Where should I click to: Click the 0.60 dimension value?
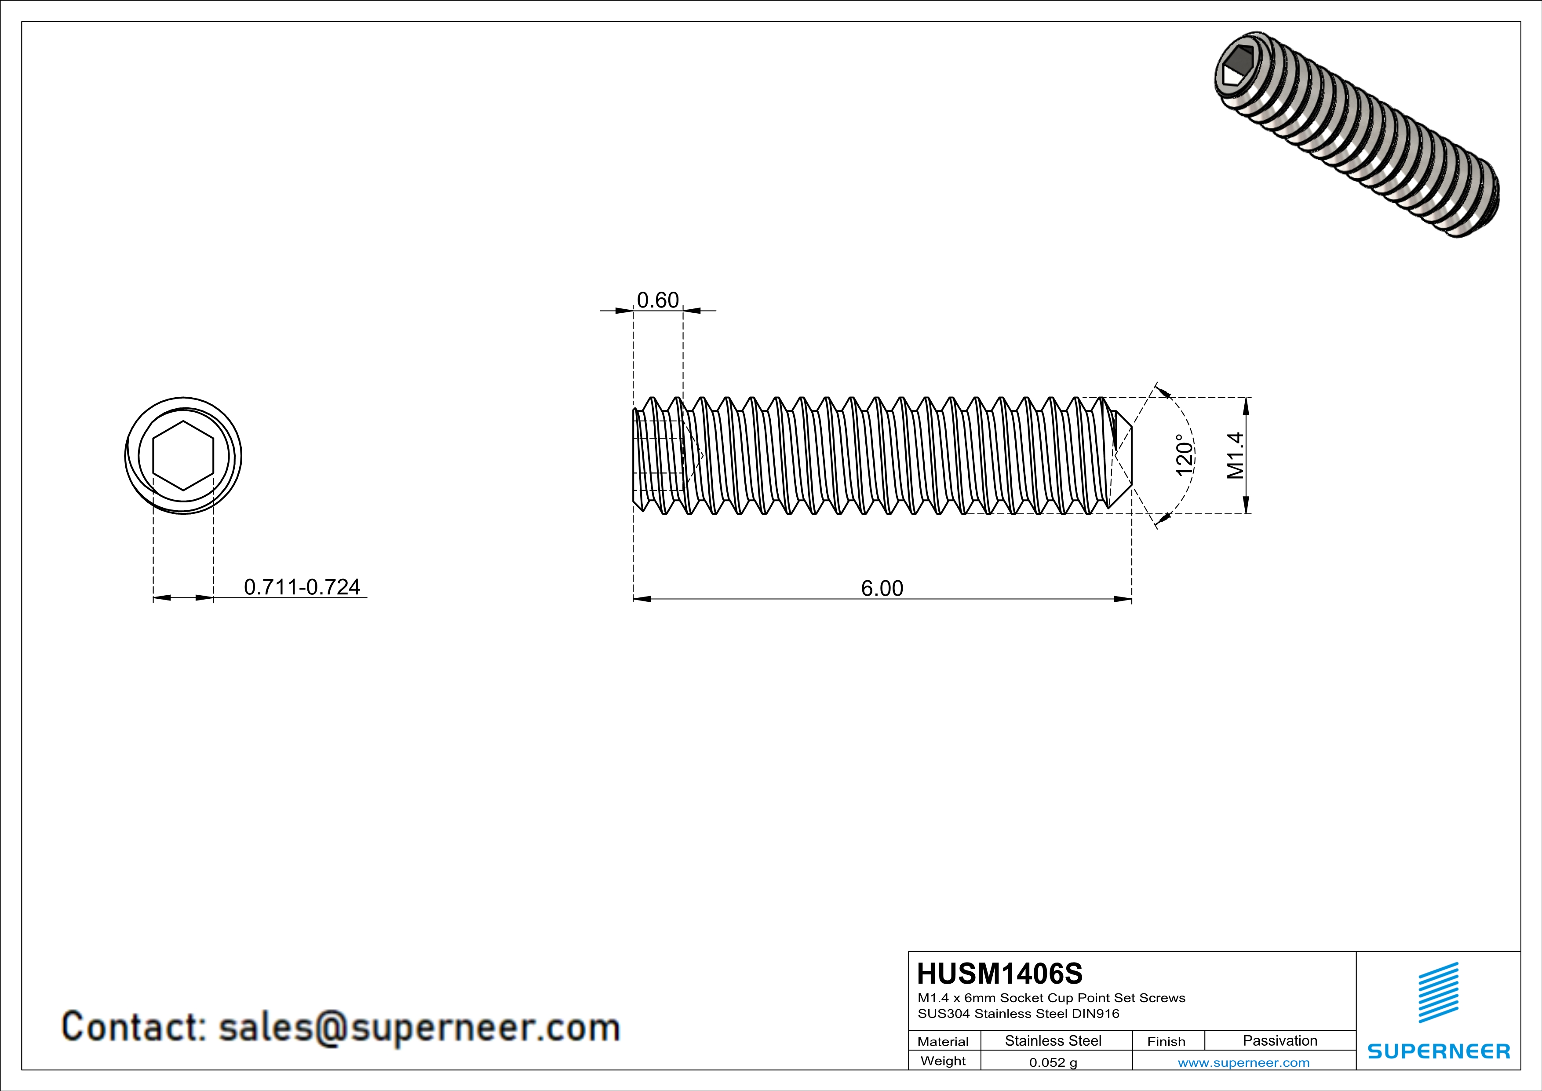tap(657, 300)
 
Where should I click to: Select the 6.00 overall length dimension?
tap(882, 589)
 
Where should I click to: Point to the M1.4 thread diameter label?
tap(1235, 455)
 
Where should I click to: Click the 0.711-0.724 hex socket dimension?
tap(302, 587)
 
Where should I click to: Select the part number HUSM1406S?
tap(999, 974)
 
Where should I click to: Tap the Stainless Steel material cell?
tap(1053, 1040)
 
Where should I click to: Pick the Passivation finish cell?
tap(1280, 1040)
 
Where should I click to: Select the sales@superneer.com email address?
tap(419, 1027)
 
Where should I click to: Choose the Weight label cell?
tap(943, 1061)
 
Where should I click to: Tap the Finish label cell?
tap(1166, 1041)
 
